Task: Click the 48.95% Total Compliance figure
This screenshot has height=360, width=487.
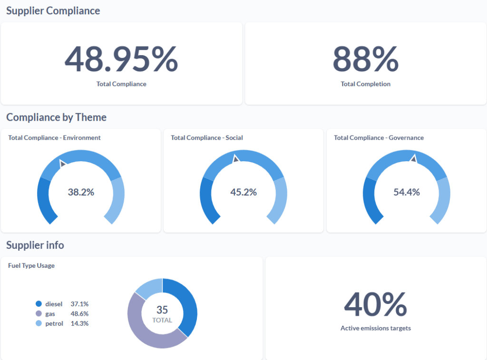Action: click(121, 59)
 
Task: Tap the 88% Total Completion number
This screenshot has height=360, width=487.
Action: click(365, 59)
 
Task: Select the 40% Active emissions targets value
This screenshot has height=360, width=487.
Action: click(375, 304)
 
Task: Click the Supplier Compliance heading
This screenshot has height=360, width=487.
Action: click(53, 10)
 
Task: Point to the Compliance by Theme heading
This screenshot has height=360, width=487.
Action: click(56, 117)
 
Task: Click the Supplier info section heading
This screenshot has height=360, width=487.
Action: click(35, 245)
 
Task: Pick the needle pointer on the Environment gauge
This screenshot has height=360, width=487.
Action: click(62, 164)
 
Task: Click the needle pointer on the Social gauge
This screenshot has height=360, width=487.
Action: click(235, 159)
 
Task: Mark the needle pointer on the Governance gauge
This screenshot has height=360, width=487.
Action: click(413, 158)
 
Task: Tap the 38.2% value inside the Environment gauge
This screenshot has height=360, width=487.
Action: click(81, 192)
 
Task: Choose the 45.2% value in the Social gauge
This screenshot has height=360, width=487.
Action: click(243, 192)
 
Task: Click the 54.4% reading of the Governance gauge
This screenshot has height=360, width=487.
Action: click(407, 192)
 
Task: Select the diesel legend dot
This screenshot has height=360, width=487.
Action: click(39, 303)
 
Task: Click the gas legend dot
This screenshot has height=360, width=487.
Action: click(39, 313)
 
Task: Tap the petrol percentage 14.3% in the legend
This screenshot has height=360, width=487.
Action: click(79, 323)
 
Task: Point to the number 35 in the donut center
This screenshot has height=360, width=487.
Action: click(162, 310)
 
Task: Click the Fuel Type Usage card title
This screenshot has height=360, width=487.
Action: click(31, 265)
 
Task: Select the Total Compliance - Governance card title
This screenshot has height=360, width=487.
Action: click(379, 137)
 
